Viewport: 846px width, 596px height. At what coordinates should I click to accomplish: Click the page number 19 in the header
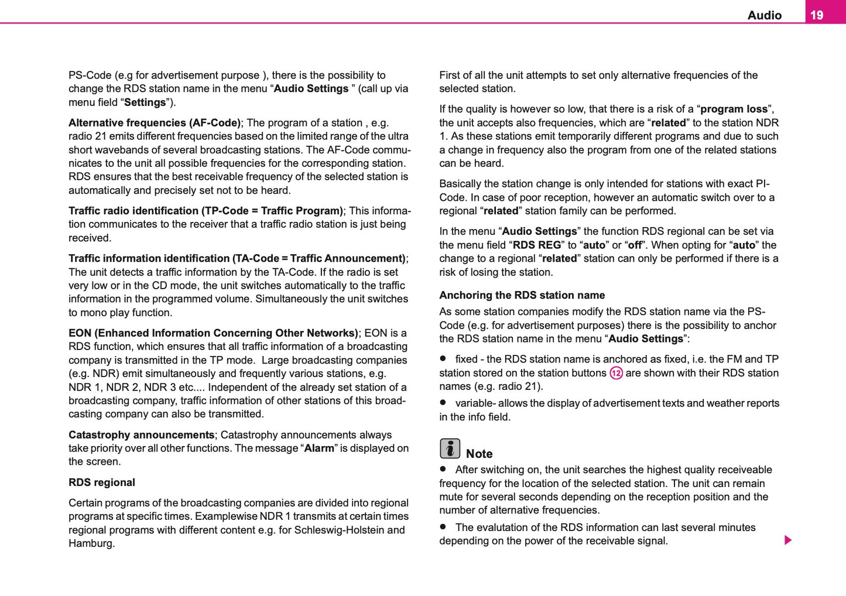(x=817, y=15)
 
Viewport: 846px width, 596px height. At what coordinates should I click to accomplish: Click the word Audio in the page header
(x=764, y=15)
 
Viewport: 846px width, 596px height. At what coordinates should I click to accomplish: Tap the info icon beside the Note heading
(x=450, y=448)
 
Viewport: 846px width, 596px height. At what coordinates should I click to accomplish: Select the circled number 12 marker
(x=616, y=373)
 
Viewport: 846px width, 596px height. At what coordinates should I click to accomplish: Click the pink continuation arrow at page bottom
(x=788, y=540)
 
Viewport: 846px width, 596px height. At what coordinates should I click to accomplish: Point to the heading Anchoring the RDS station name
(x=522, y=295)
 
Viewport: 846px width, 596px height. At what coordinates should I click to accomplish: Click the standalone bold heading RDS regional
(x=102, y=482)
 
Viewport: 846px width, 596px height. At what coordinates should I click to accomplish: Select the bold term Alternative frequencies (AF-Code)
(x=155, y=123)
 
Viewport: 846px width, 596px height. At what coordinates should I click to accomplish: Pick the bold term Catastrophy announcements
(x=141, y=435)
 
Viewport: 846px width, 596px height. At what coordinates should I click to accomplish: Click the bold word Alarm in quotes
(x=319, y=448)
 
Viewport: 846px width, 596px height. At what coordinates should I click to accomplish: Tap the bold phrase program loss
(x=734, y=109)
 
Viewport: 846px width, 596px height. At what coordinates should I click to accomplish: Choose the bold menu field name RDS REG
(x=537, y=245)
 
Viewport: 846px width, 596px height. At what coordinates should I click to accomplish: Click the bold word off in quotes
(x=635, y=245)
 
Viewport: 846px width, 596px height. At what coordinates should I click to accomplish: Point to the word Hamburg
(x=91, y=543)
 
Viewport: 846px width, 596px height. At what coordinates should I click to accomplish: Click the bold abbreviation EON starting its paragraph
(x=80, y=333)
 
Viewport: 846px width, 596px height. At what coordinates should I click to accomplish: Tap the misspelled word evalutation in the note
(x=504, y=528)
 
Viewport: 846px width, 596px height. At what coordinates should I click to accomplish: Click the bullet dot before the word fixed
(x=443, y=358)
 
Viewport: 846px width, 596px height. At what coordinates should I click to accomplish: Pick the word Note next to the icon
(x=479, y=454)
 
